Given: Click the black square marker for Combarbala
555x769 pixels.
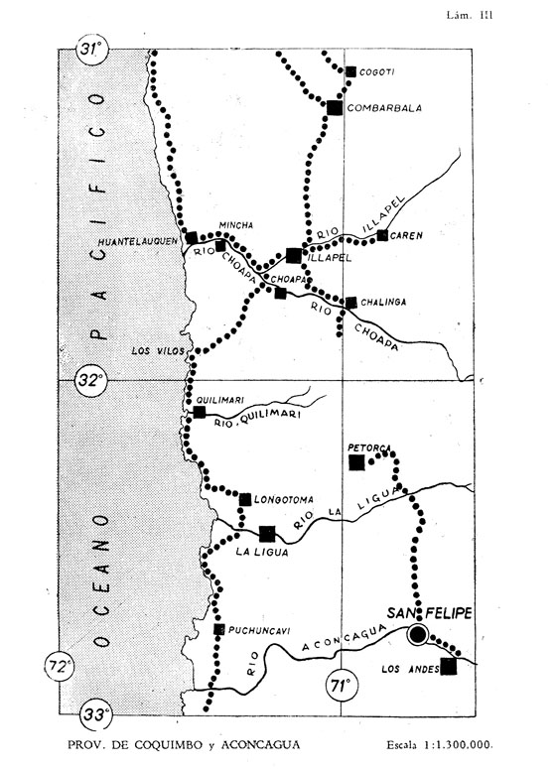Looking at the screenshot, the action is [x=335, y=107].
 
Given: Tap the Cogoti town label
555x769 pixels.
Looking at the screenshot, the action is [x=377, y=72].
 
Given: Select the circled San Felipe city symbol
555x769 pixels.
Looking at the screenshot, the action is [x=418, y=635].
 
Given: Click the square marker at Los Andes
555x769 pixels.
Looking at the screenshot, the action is [x=448, y=667].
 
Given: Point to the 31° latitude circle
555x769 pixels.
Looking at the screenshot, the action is [x=92, y=50].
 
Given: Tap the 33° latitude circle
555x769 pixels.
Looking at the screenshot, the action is [x=95, y=714].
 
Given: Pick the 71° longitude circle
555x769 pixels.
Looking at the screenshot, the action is [x=342, y=685].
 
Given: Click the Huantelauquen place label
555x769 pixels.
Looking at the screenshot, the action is [x=138, y=242].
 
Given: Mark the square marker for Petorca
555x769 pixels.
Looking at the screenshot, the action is [x=356, y=462].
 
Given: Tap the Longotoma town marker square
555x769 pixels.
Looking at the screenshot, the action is [x=245, y=500].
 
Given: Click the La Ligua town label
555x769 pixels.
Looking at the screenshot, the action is [x=261, y=552].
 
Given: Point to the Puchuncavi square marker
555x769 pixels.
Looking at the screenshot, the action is [x=218, y=629].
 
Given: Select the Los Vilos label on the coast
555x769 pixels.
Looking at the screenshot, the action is [x=158, y=351].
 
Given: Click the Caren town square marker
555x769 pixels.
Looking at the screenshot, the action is [x=382, y=235].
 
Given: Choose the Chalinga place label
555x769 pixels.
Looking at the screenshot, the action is [x=383, y=302].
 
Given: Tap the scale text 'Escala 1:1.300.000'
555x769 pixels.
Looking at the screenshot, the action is [x=439, y=744].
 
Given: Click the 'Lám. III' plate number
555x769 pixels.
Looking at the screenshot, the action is [x=470, y=15].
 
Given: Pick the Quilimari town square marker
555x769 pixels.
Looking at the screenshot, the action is [x=200, y=412].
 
